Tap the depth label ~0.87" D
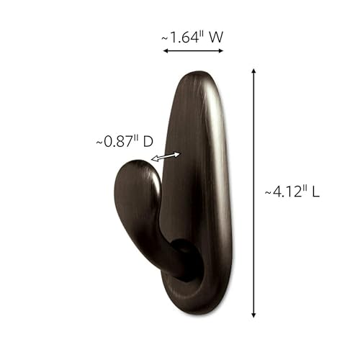124,142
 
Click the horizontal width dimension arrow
193,51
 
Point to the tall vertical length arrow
253,192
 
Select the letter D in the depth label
147,142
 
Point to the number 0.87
120,142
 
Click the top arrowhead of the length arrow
253,71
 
